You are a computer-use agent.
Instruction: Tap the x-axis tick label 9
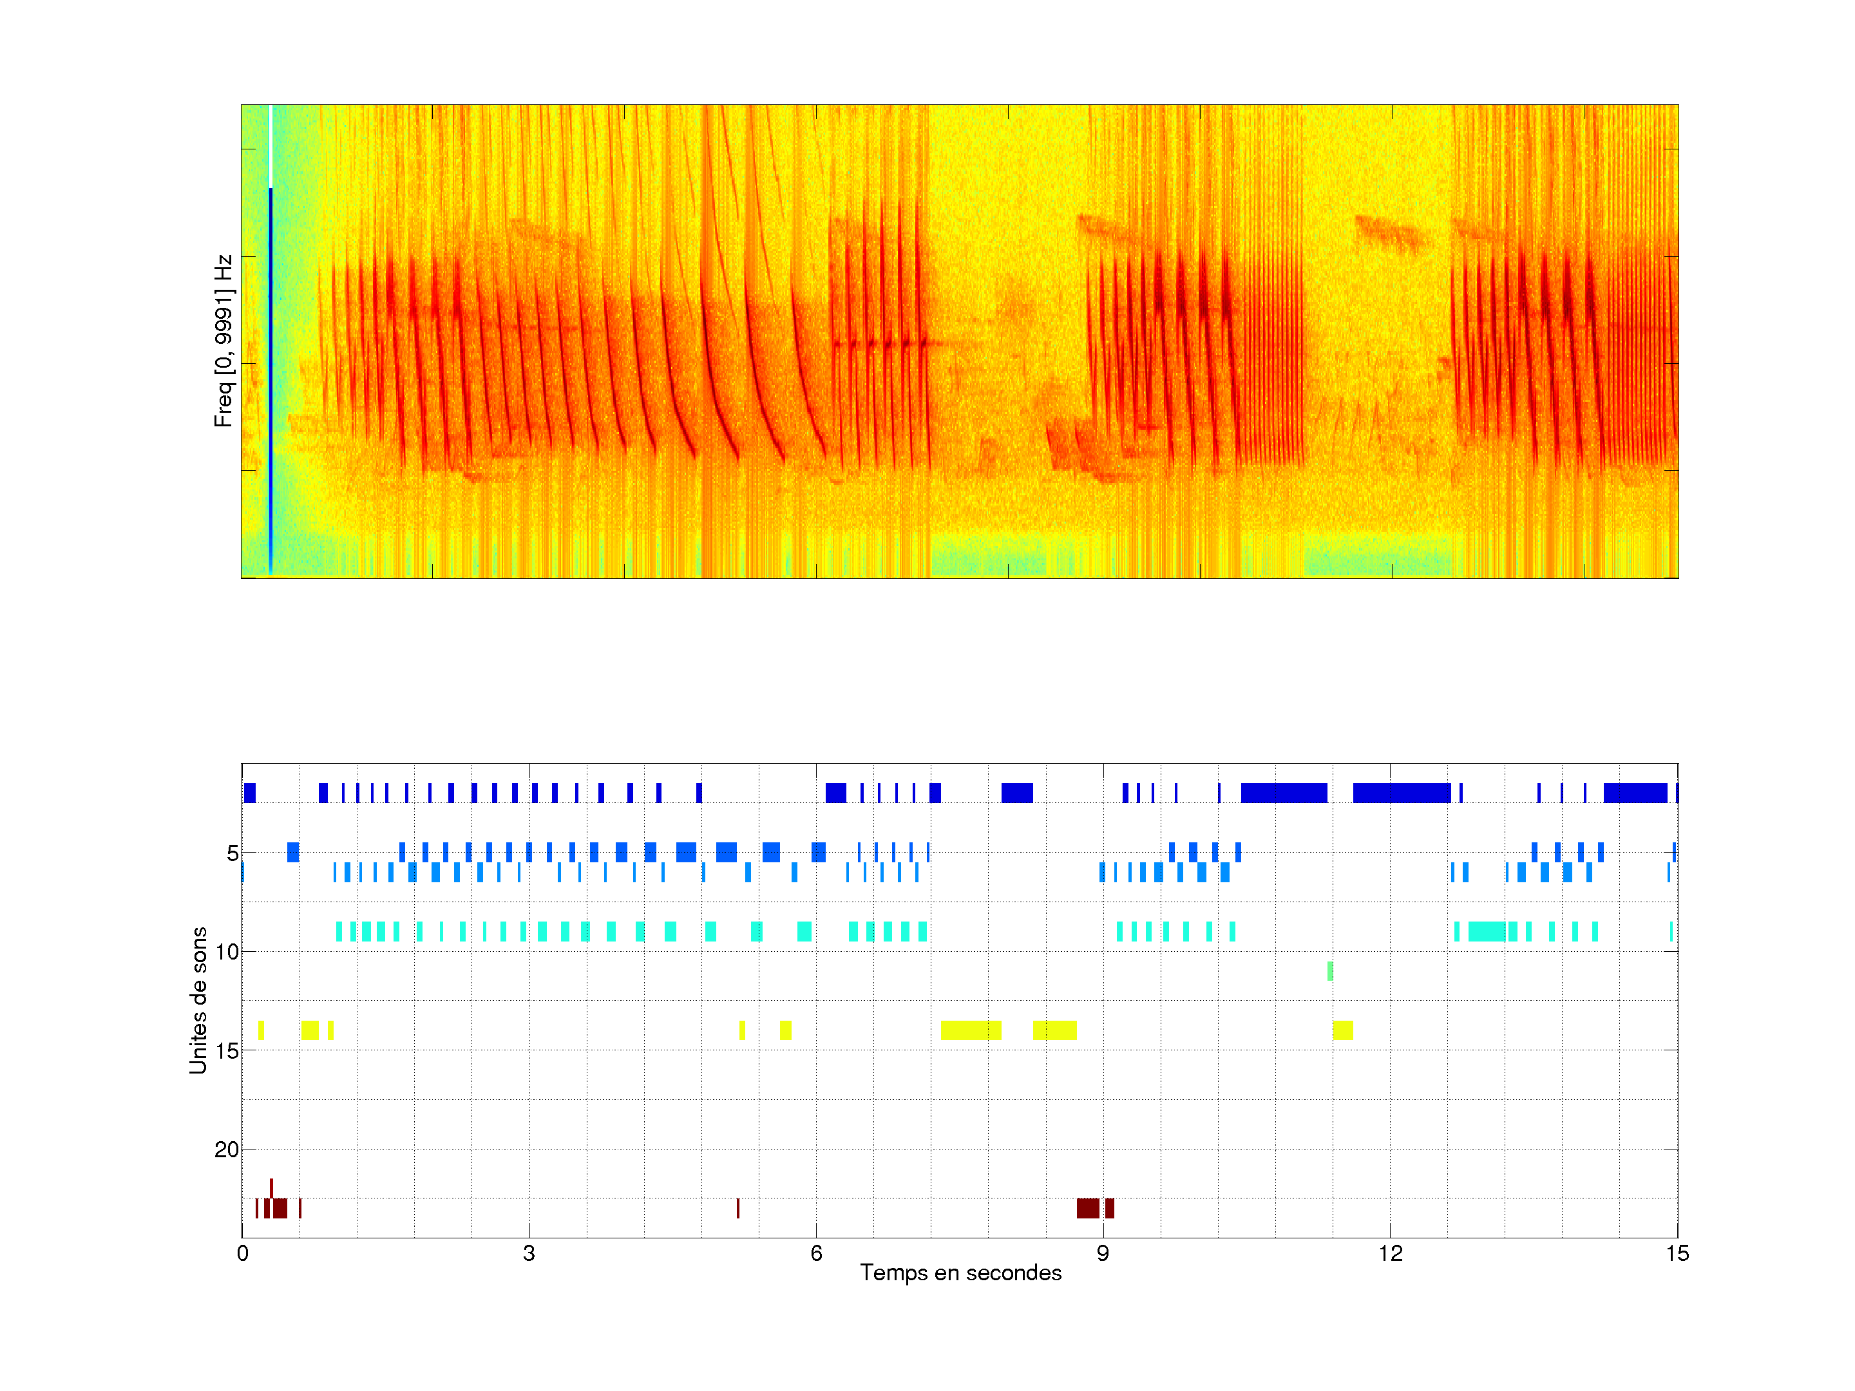[x=1103, y=1253]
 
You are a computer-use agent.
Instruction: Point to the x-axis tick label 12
[x=1389, y=1253]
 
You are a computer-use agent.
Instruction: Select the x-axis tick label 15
[x=1677, y=1253]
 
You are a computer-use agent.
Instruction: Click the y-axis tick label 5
[x=233, y=853]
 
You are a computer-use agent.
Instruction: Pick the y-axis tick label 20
[x=227, y=1150]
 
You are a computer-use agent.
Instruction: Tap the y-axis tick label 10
[x=227, y=952]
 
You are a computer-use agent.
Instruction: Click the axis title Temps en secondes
[x=960, y=1273]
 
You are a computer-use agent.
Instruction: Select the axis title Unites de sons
[x=198, y=1000]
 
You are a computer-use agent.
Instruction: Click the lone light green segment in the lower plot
[x=1330, y=971]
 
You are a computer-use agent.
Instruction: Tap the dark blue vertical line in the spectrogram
[x=271, y=377]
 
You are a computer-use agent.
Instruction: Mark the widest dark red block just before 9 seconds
[x=1088, y=1208]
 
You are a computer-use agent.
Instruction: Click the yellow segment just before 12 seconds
[x=1342, y=1030]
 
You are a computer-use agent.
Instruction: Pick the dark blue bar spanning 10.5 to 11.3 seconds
[x=1284, y=792]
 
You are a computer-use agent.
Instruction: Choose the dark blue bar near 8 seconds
[x=1017, y=792]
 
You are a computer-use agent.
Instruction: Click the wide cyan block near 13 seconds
[x=1486, y=932]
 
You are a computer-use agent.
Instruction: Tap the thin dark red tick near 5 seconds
[x=738, y=1208]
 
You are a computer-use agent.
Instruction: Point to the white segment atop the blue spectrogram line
[x=271, y=147]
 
